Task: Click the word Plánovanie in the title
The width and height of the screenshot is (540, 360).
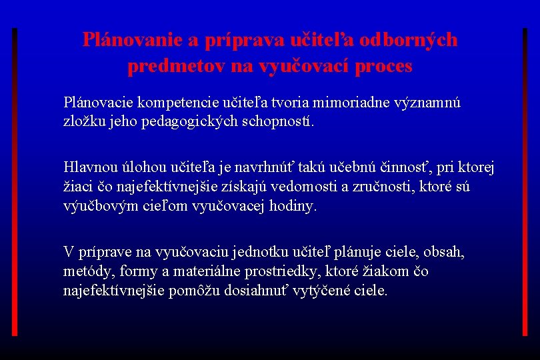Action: coord(133,40)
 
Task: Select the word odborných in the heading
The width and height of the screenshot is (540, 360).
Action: coord(408,40)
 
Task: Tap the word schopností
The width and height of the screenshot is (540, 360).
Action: coord(277,123)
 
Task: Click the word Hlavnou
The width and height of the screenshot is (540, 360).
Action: coord(87,166)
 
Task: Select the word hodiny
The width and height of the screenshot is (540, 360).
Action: coord(294,206)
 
